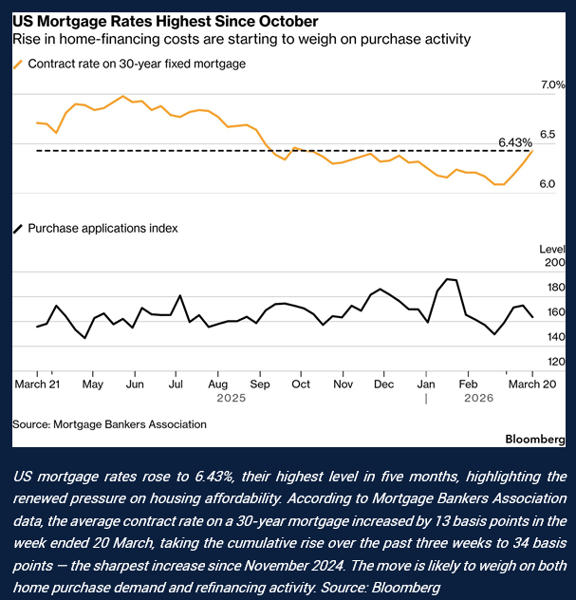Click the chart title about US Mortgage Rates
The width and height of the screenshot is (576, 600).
[x=165, y=21]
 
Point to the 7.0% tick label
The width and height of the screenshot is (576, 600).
[x=552, y=85]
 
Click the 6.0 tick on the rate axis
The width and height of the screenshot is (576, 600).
[x=547, y=183]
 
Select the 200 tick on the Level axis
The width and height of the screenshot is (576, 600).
[x=555, y=263]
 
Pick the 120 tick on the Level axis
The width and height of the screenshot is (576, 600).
[x=556, y=362]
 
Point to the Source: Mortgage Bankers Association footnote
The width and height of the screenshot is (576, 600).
[x=109, y=423]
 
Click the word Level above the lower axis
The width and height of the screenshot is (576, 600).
[x=550, y=248]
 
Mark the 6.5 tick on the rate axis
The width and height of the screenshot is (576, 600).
[x=548, y=134]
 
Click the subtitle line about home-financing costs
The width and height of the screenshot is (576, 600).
[x=241, y=40]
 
